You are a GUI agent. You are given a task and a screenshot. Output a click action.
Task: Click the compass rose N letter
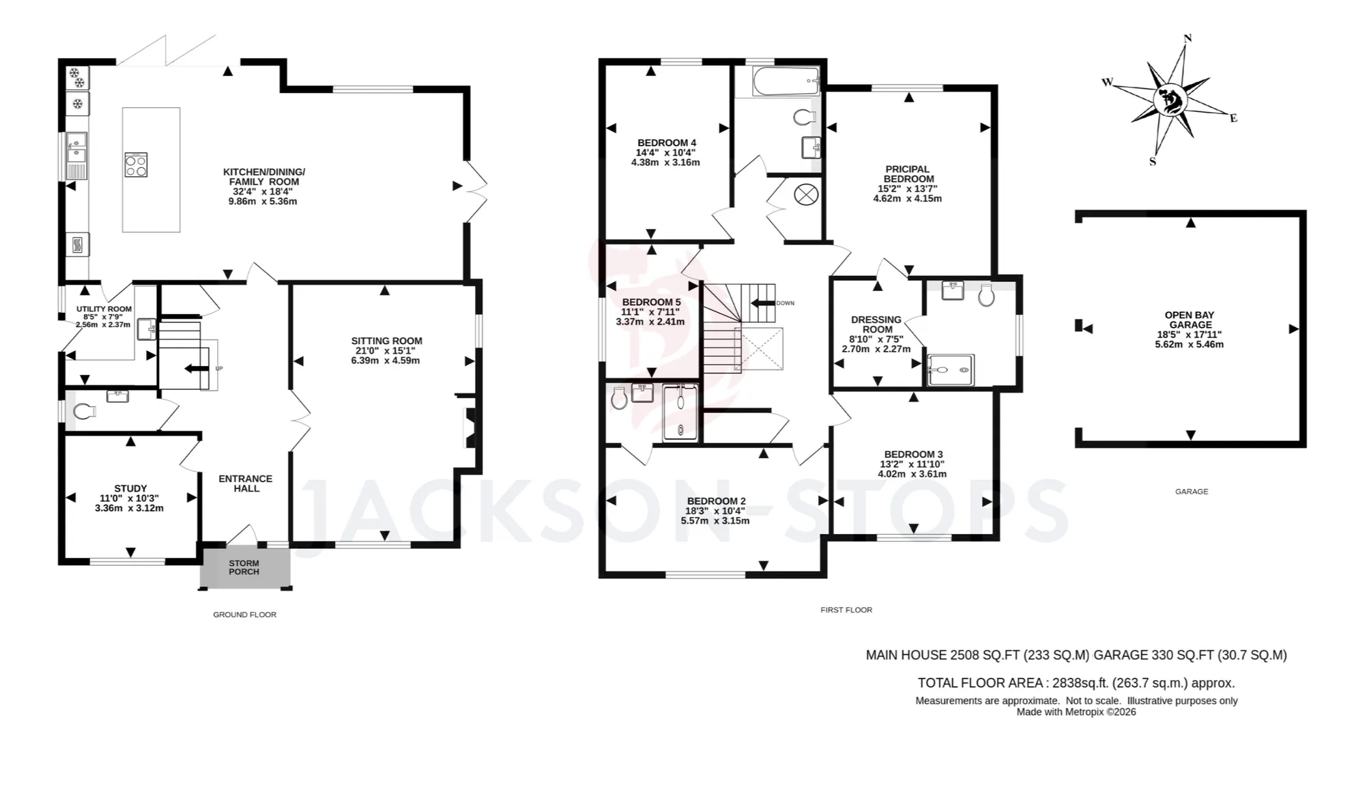coord(1188,38)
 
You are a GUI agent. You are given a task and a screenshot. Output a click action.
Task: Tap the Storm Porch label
coord(244,567)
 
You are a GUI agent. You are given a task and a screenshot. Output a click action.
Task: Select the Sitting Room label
coord(386,350)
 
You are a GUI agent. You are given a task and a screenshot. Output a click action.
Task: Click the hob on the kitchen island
coord(136,165)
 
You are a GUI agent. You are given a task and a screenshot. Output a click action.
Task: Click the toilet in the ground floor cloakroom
coord(84,411)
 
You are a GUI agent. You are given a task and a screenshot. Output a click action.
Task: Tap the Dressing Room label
coord(876,334)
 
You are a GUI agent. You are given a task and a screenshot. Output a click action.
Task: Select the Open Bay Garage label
coord(1190,330)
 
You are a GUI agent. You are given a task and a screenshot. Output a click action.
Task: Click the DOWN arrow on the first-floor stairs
coord(763,303)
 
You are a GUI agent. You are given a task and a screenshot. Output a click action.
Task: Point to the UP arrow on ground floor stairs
coord(197,369)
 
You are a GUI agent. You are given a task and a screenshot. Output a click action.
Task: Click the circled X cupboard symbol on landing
coord(806,195)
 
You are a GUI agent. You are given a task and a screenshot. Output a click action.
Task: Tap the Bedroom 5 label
coord(651,312)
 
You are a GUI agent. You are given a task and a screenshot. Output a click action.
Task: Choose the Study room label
coord(130,498)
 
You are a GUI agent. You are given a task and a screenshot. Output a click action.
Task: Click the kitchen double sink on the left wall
coord(77,156)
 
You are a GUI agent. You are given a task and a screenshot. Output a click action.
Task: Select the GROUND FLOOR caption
coord(244,615)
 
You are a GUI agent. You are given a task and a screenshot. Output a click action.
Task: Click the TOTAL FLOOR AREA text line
coord(1076,683)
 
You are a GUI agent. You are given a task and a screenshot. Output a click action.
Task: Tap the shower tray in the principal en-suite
coord(951,369)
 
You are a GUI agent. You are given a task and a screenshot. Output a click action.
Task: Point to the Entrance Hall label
coord(246,483)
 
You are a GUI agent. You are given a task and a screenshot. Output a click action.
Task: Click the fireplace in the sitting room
coord(470,427)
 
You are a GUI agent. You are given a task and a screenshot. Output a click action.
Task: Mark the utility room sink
coord(147,329)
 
